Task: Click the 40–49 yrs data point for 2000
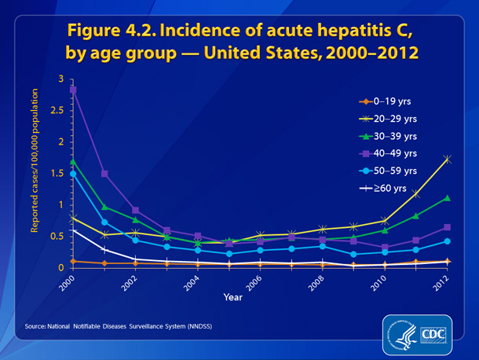[73, 90]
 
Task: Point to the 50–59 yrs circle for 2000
[73, 174]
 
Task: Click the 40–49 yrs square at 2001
[104, 174]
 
